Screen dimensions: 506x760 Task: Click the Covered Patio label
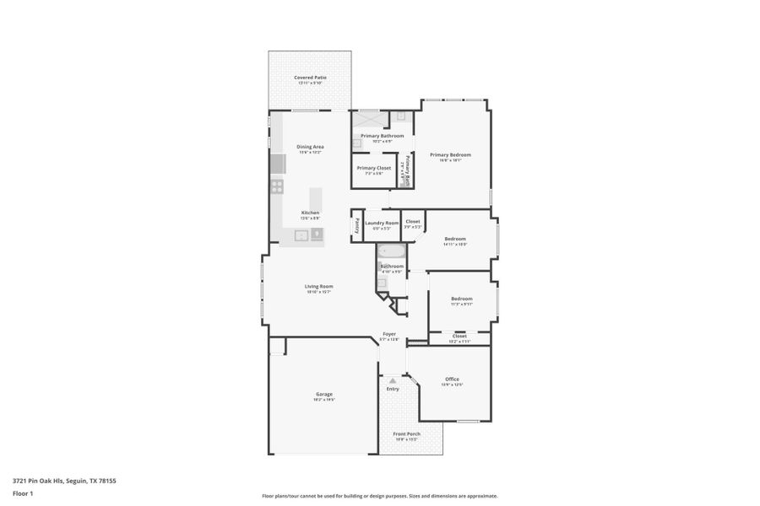(x=310, y=78)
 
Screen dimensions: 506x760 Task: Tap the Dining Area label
(x=310, y=147)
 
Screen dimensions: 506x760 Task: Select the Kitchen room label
(x=310, y=212)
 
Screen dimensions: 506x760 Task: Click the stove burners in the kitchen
(x=276, y=186)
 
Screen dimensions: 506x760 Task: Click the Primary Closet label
(x=373, y=168)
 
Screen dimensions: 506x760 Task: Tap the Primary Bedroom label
(x=450, y=154)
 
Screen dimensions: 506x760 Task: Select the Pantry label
(x=357, y=224)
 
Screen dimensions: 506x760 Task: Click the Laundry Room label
(x=382, y=223)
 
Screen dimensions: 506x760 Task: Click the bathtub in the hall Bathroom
(x=391, y=250)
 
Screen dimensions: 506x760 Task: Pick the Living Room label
(x=318, y=286)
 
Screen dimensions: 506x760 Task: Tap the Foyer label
(x=389, y=334)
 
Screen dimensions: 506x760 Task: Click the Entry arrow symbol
(x=393, y=380)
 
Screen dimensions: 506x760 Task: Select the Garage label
(x=323, y=394)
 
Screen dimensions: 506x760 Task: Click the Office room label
(x=452, y=379)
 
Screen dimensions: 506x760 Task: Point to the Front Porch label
(x=406, y=433)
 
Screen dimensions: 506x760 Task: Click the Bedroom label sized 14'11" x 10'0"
(x=455, y=239)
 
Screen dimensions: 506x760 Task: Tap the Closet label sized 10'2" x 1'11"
(x=459, y=336)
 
